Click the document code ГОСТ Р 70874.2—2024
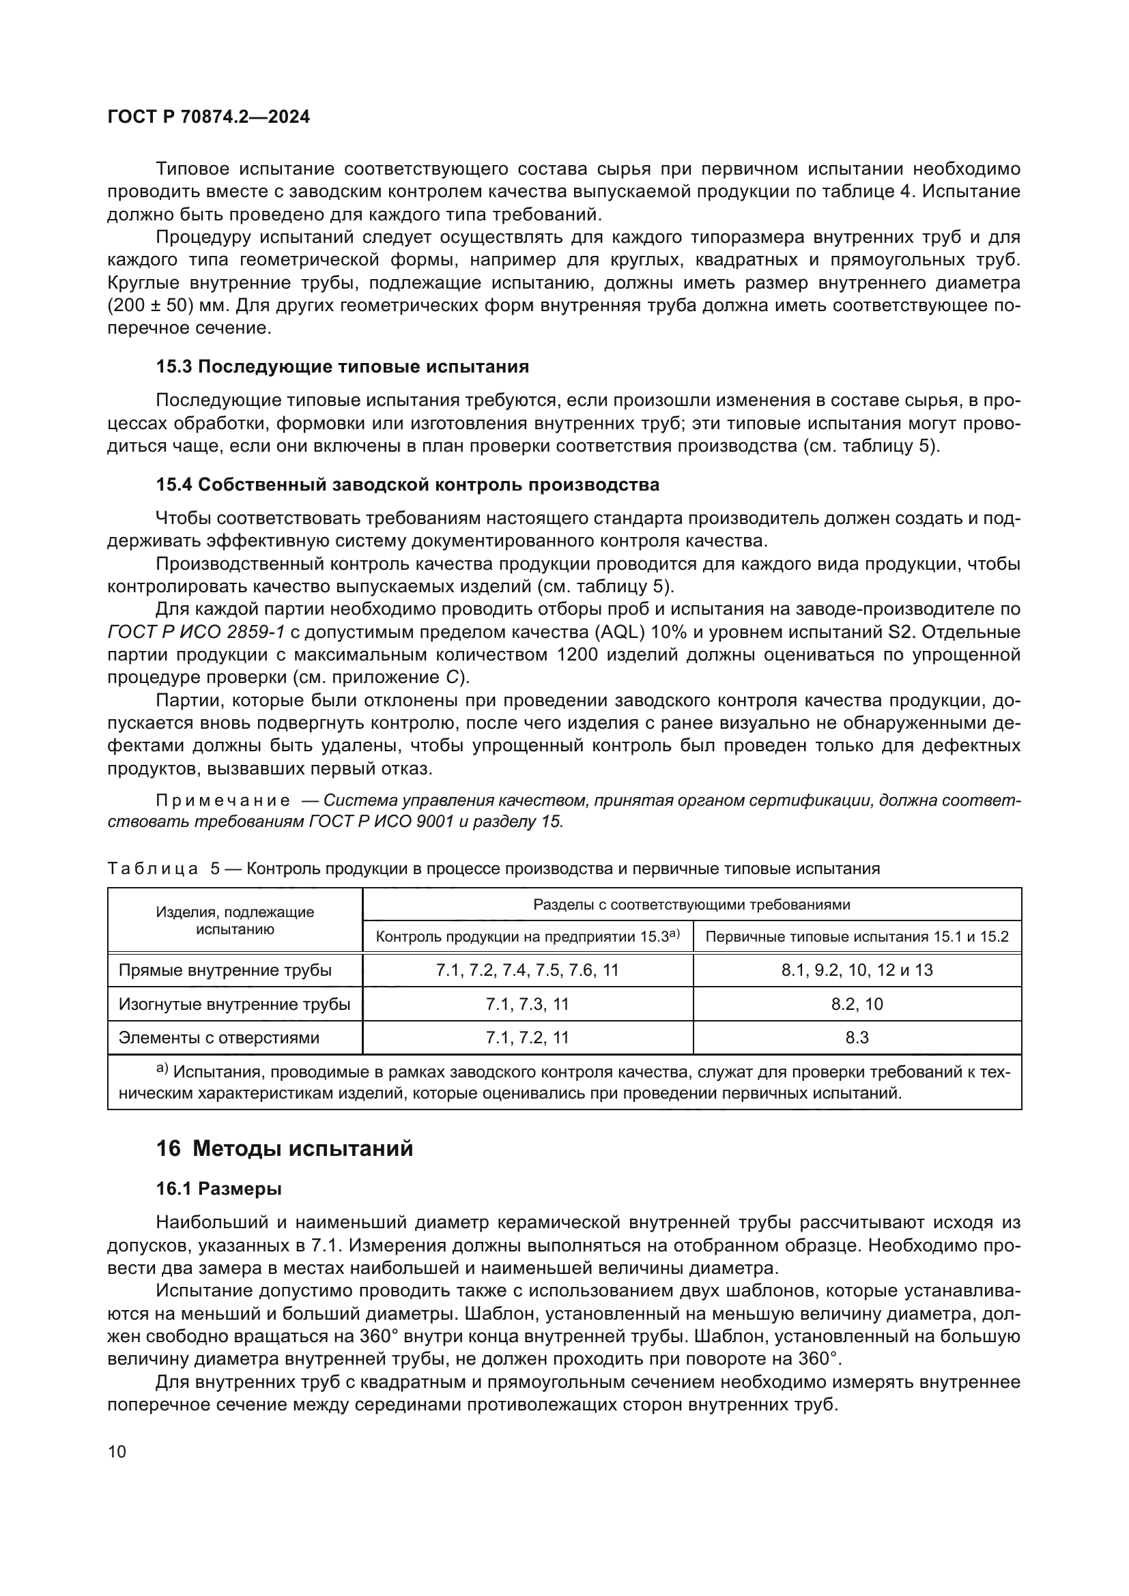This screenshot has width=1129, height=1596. tap(209, 117)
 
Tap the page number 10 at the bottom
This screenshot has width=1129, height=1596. tap(117, 1451)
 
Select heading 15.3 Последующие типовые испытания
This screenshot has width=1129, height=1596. tap(342, 366)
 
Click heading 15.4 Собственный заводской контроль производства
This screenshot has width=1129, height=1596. tap(408, 484)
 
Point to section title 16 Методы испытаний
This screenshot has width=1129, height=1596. tap(285, 1148)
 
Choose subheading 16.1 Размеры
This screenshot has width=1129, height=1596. tap(218, 1189)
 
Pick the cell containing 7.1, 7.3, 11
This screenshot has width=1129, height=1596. tap(527, 1004)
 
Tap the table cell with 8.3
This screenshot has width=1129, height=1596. tap(857, 1038)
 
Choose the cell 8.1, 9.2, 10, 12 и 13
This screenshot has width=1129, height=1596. tap(857, 970)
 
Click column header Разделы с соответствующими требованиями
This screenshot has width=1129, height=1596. tap(691, 904)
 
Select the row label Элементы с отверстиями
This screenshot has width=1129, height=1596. tap(219, 1038)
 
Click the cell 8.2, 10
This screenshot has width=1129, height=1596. tap(857, 1004)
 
